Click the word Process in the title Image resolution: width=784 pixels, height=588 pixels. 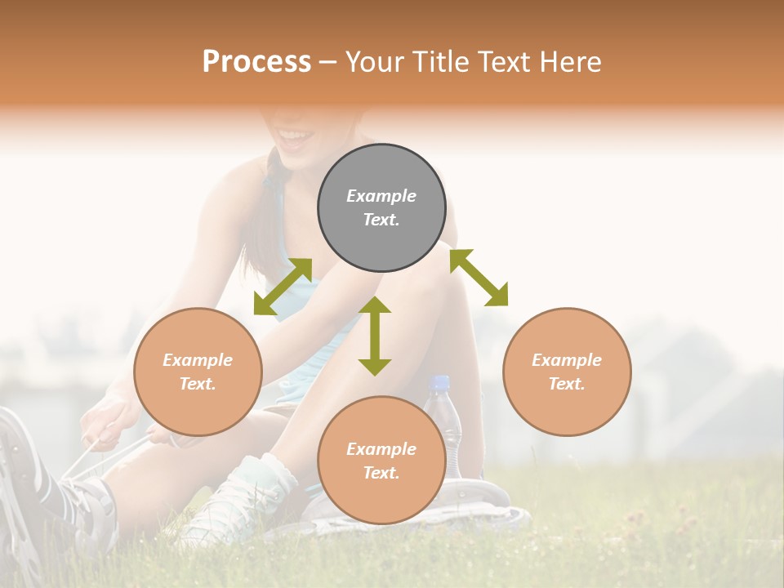click(256, 62)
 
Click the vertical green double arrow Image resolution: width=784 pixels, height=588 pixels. click(375, 336)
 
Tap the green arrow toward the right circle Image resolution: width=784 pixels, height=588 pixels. click(479, 278)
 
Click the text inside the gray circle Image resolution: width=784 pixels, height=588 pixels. click(381, 207)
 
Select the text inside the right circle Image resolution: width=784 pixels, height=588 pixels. click(567, 372)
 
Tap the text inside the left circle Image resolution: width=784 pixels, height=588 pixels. click(198, 372)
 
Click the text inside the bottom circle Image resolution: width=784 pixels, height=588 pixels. click(381, 461)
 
